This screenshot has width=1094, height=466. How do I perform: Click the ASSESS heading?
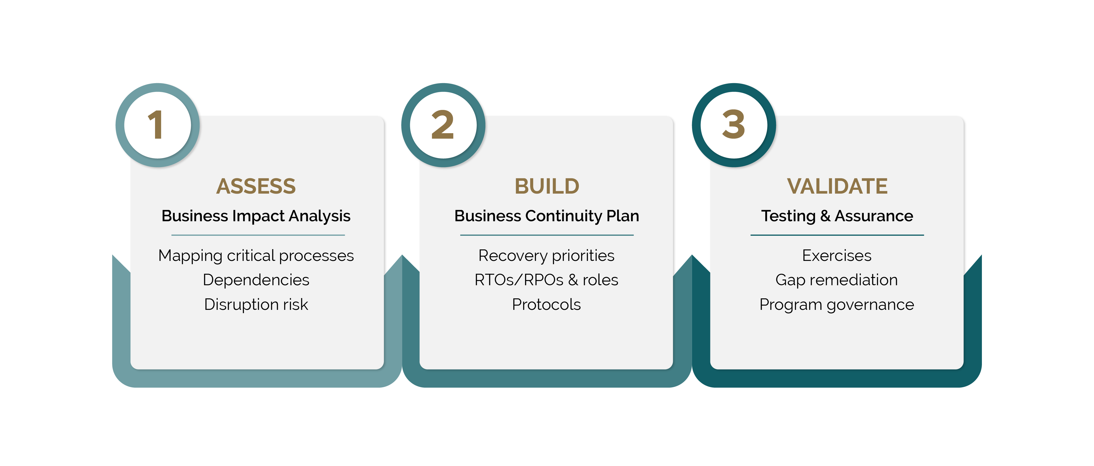click(x=256, y=186)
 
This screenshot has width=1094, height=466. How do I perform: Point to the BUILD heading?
click(x=547, y=186)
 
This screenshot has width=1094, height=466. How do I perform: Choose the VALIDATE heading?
click(x=837, y=186)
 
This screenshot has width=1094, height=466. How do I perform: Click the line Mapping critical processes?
click(x=256, y=256)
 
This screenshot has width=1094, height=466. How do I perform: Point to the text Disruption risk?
click(x=256, y=304)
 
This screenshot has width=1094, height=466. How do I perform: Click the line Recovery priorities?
click(x=547, y=256)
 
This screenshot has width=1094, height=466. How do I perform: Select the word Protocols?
click(x=547, y=304)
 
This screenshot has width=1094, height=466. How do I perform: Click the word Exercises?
click(x=837, y=255)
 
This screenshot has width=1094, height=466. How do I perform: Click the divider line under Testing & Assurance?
click(x=837, y=235)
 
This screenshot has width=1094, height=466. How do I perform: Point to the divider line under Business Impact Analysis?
click(x=258, y=235)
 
